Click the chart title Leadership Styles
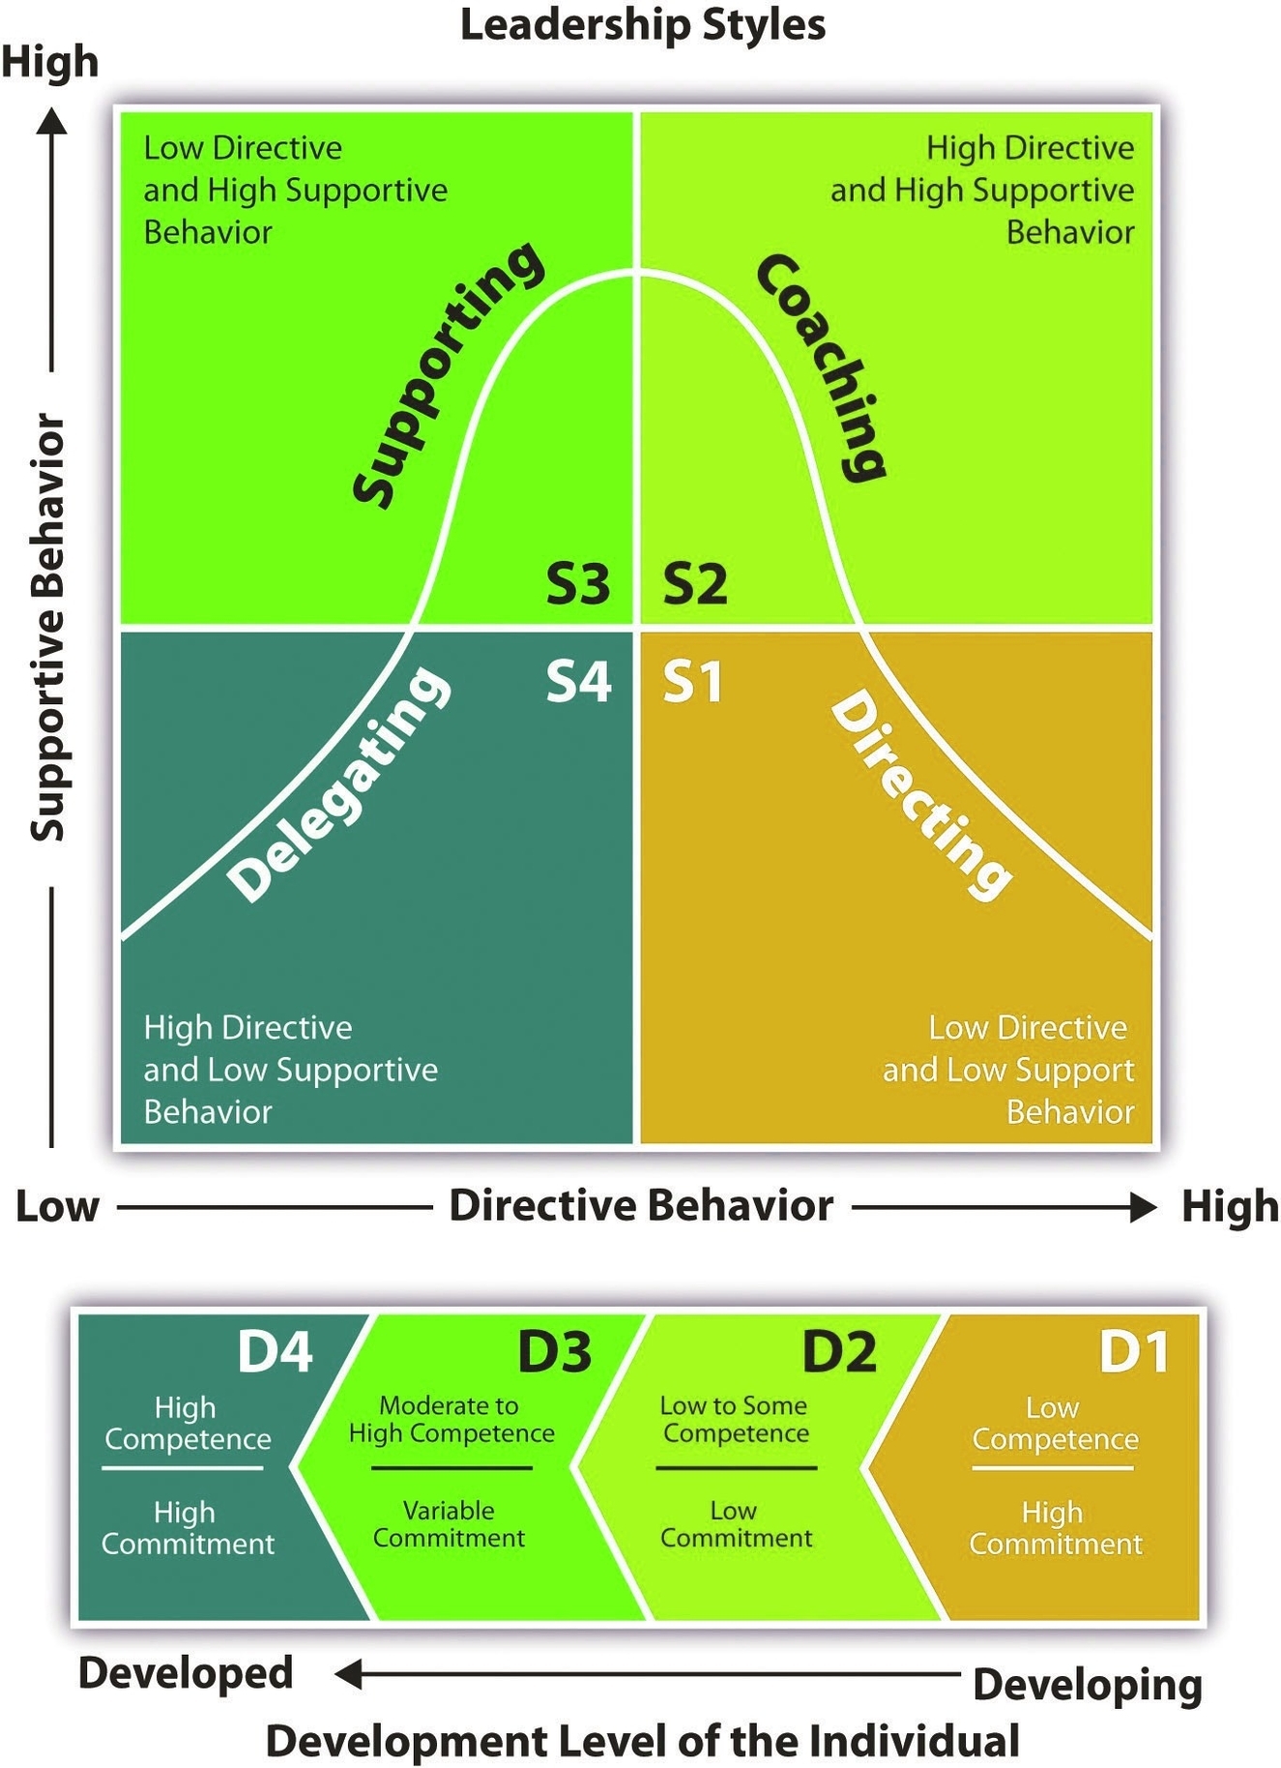coord(642,25)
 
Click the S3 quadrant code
coord(578,583)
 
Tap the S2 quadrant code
coord(694,583)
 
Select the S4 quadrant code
coord(578,681)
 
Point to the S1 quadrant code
coord(692,681)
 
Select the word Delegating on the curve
coord(338,783)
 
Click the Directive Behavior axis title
coord(641,1206)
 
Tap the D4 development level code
coord(275,1351)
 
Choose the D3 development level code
coord(554,1351)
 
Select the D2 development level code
coord(838,1351)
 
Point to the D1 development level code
coord(1134,1351)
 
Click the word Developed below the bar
coord(186,1673)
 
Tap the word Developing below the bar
coord(1088,1684)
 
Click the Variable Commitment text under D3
coord(449,1524)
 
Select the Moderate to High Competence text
coord(451,1419)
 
